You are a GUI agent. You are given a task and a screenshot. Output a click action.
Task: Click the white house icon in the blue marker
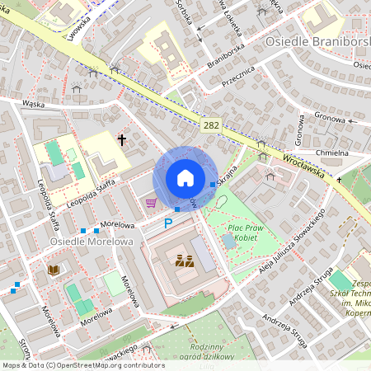tap(185, 178)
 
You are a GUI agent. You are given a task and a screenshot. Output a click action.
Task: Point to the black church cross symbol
tap(122, 141)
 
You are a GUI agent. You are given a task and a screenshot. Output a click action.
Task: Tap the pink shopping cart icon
tap(150, 202)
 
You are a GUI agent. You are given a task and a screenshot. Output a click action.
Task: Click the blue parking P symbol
tap(168, 223)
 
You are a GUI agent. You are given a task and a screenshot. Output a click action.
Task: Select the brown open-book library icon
tap(54, 270)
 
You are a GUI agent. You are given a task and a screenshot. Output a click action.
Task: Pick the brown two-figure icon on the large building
tap(185, 262)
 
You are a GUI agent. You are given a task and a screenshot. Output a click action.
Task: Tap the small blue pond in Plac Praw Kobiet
tap(228, 241)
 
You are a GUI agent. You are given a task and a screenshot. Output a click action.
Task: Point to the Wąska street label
tap(33, 104)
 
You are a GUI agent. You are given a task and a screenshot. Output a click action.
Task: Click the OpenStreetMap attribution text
tap(82, 365)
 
